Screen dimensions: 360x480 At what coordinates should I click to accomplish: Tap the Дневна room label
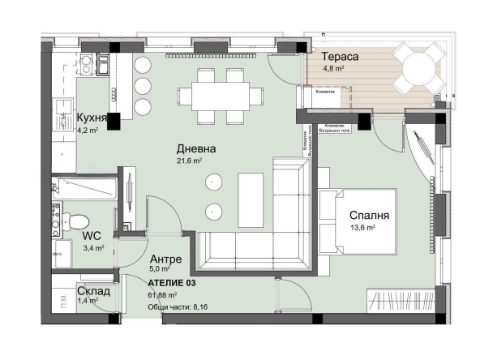click(x=197, y=149)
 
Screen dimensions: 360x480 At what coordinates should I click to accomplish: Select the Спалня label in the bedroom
click(x=370, y=216)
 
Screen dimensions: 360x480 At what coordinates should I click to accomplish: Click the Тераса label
click(x=341, y=57)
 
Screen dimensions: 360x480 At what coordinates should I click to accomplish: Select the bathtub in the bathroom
click(x=84, y=191)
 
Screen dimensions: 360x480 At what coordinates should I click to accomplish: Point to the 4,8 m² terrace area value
click(x=335, y=70)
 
